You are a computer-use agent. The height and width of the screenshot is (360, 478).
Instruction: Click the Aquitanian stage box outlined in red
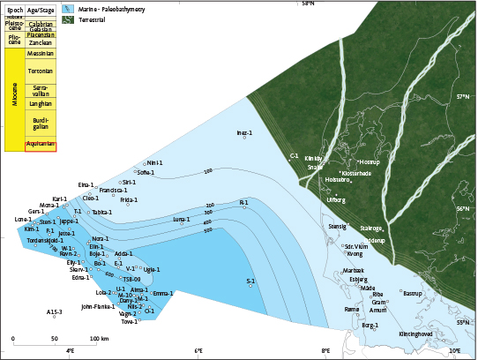tap(41, 145)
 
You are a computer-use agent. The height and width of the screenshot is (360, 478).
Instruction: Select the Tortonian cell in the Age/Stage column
tap(41, 71)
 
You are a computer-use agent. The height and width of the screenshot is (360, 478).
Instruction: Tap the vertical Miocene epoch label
tap(14, 100)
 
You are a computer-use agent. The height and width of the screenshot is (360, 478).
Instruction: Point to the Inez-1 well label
tap(244, 132)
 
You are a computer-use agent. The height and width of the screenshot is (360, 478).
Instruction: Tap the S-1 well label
tap(250, 281)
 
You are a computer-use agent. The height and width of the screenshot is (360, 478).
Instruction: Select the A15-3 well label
tap(55, 311)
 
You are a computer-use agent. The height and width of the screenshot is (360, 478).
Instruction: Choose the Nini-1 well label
tap(155, 163)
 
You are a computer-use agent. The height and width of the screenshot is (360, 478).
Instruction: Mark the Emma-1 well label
tap(163, 293)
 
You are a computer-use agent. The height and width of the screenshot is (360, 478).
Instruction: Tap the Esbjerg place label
tap(359, 279)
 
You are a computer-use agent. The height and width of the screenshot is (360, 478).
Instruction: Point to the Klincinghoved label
tap(415, 334)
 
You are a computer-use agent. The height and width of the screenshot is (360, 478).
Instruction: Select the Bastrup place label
tap(413, 293)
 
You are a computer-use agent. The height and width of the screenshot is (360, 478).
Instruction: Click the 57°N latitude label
tap(463, 96)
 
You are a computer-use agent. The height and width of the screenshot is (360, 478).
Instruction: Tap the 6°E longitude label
tap(199, 351)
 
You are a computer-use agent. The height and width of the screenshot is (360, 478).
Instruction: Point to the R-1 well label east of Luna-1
tap(243, 202)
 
